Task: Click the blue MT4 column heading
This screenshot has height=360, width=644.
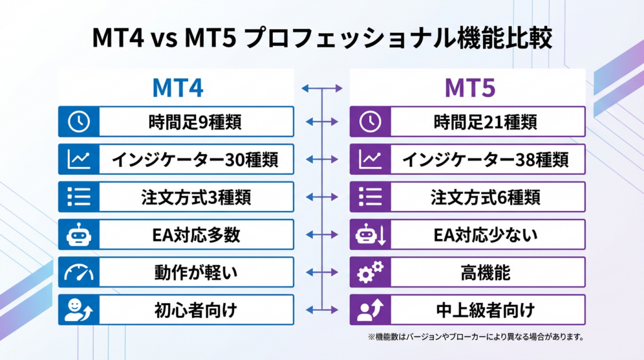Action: click(177, 88)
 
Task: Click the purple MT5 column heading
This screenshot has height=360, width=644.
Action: click(470, 88)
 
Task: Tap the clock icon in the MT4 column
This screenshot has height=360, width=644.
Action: click(79, 121)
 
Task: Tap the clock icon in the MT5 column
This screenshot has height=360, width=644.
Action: click(370, 121)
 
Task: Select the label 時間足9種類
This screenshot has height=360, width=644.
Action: click(195, 122)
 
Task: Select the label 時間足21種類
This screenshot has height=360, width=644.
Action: click(486, 122)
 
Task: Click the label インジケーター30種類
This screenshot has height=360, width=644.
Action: click(195, 159)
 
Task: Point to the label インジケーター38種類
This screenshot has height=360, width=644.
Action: click(486, 159)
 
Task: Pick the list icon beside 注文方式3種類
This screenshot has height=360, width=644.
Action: click(79, 197)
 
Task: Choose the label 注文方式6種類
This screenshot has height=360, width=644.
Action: click(486, 197)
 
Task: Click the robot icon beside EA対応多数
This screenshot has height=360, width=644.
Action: click(79, 235)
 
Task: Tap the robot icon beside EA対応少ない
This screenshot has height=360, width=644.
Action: click(371, 235)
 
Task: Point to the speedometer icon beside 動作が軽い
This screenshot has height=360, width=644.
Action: click(79, 273)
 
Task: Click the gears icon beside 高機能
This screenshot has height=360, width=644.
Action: click(370, 272)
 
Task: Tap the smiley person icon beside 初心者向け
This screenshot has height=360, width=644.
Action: click(79, 310)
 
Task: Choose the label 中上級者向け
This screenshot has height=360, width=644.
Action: click(486, 310)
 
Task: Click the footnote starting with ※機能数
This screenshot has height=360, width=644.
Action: click(475, 337)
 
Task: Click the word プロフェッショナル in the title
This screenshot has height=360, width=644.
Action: click(350, 38)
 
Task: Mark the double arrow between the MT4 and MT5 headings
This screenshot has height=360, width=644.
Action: click(322, 88)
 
